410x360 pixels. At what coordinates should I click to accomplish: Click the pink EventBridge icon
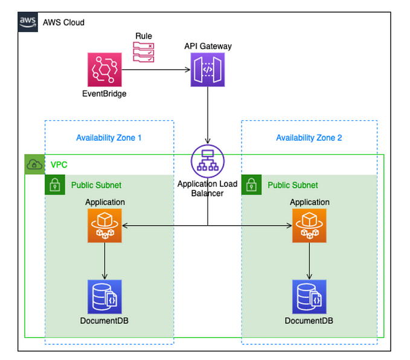(104, 69)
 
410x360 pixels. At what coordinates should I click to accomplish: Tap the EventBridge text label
(104, 94)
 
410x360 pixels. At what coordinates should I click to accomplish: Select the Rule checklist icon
(143, 53)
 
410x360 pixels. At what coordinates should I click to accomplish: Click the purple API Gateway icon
(208, 69)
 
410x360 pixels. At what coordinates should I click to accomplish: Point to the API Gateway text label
(208, 46)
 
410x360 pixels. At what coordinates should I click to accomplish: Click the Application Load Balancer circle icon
(208, 161)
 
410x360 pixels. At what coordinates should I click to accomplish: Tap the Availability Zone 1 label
(109, 138)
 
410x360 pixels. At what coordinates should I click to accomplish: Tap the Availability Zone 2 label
(309, 138)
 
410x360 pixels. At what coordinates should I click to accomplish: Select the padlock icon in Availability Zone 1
(55, 185)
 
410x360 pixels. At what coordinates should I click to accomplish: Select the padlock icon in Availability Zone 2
(252, 185)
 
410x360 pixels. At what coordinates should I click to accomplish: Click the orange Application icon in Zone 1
(104, 226)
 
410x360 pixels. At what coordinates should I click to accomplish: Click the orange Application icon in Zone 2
(309, 226)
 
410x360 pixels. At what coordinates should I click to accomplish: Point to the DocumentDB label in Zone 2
(309, 320)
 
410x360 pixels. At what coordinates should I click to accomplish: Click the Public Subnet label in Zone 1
(96, 185)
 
